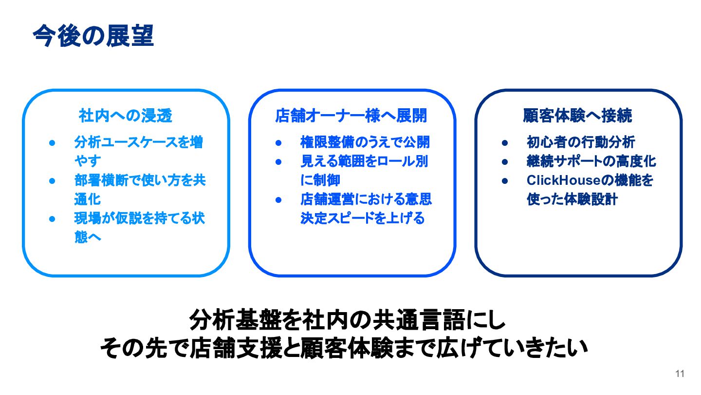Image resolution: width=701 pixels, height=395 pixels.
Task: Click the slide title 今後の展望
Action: point(93,36)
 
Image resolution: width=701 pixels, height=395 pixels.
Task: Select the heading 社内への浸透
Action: point(126,116)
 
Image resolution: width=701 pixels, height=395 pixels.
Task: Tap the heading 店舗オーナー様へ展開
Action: point(351,116)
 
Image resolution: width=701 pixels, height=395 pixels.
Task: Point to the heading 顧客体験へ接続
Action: point(577,116)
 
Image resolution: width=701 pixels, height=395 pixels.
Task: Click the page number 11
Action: point(680,374)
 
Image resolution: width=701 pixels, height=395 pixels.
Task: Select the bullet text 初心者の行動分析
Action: point(581,142)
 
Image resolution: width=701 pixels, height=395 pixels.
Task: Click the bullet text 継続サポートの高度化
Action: point(591,161)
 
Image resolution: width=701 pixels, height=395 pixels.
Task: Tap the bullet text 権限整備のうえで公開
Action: point(365,142)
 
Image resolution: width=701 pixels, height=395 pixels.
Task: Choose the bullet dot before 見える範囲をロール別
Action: point(278,162)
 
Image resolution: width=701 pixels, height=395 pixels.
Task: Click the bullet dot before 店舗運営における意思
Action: point(278,200)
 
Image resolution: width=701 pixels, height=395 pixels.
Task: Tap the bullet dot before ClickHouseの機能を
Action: point(505,181)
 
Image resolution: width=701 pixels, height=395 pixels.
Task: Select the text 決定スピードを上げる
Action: point(363,218)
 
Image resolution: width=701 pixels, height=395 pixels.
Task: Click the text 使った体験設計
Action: point(572,199)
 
